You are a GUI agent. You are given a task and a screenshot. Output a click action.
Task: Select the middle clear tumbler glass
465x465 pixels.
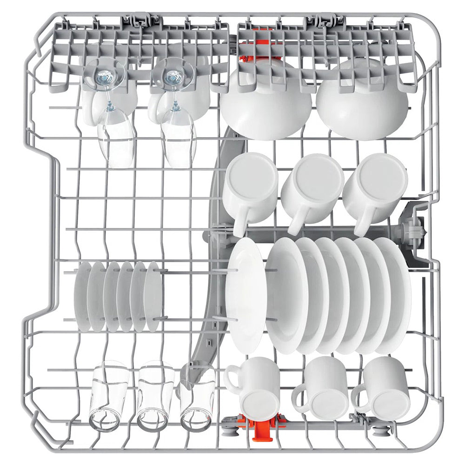click(x=154, y=395)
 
